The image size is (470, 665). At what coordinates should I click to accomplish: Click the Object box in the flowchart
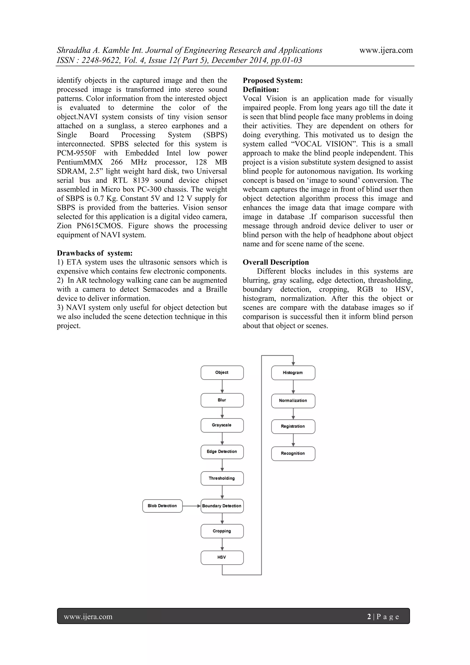pyautogui.click(x=222, y=373)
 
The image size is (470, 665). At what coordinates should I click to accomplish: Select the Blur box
pyautogui.click(x=222, y=400)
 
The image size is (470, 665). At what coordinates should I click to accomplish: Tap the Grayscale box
pyautogui.click(x=222, y=425)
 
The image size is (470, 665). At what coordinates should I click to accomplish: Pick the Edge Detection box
pyautogui.click(x=222, y=452)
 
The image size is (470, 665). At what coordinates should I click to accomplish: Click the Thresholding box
pyautogui.click(x=222, y=478)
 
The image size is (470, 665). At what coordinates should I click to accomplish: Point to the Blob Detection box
pyautogui.click(x=162, y=506)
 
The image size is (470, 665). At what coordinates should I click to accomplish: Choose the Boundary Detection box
pyautogui.click(x=222, y=506)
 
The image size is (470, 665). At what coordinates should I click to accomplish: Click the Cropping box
pyautogui.click(x=222, y=531)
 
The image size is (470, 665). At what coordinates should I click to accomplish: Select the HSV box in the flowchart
pyautogui.click(x=222, y=557)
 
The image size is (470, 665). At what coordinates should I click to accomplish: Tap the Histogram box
pyautogui.click(x=293, y=373)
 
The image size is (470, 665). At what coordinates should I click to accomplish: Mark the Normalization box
pyautogui.click(x=293, y=401)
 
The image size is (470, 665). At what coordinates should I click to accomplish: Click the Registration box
pyautogui.click(x=293, y=426)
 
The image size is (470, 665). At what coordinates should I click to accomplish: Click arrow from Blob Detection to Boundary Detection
pyautogui.click(x=191, y=506)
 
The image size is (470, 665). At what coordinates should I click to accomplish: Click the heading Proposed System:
pyautogui.click(x=273, y=81)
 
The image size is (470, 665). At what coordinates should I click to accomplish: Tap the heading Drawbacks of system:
pyautogui.click(x=95, y=253)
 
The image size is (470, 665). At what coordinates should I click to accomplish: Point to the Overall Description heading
pyautogui.click(x=276, y=262)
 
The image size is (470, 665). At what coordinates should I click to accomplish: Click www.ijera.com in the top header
pyautogui.click(x=386, y=50)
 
